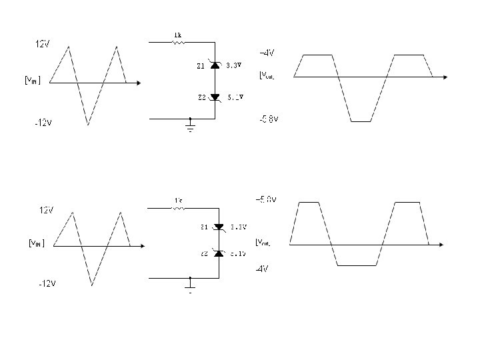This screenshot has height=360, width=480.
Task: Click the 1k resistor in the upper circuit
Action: click(178, 42)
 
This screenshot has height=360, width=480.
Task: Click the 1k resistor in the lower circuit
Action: click(178, 208)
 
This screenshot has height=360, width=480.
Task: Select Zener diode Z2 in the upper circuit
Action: click(215, 97)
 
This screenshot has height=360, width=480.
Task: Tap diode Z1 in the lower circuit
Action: click(218, 227)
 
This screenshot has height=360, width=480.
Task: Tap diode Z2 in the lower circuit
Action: click(218, 254)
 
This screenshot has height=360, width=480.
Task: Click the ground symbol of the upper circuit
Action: click(190, 127)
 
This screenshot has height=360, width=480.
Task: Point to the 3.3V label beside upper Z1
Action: click(235, 65)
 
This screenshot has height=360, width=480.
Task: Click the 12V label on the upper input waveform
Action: click(43, 44)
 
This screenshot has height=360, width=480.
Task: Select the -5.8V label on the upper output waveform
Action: click(269, 119)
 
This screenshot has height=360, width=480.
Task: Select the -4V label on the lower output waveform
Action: click(262, 269)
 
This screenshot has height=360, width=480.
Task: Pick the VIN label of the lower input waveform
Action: click(35, 243)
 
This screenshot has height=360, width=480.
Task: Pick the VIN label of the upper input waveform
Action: click(32, 81)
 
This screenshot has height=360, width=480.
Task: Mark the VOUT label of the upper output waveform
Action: click(267, 76)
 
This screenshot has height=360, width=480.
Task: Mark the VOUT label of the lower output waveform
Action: click(263, 242)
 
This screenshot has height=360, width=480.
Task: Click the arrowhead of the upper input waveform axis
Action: click(137, 83)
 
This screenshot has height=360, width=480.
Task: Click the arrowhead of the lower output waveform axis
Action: click(441, 245)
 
